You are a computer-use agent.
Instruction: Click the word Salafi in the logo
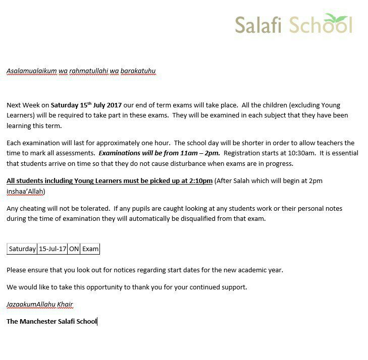[x=257, y=25]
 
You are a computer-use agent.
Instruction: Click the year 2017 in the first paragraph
[x=112, y=105]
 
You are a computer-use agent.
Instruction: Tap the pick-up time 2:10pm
[x=200, y=181]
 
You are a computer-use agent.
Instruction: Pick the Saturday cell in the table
[x=22, y=249]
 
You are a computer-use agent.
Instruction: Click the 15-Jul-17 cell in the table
[x=52, y=249]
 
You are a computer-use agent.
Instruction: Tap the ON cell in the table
[x=74, y=249]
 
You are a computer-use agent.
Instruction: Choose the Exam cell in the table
[x=90, y=249]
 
